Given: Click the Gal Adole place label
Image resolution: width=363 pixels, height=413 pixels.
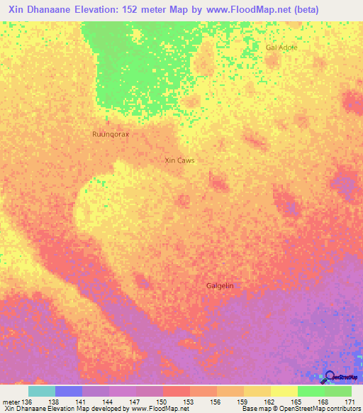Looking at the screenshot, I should pyautogui.click(x=281, y=47).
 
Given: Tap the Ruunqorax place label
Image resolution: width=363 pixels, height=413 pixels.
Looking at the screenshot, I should pyautogui.click(x=111, y=133).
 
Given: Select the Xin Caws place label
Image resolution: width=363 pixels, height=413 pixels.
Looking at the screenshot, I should pyautogui.click(x=179, y=160).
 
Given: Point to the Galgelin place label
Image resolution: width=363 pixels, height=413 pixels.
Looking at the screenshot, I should pyautogui.click(x=220, y=285).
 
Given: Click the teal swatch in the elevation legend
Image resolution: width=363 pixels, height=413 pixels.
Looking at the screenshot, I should pyautogui.click(x=42, y=391).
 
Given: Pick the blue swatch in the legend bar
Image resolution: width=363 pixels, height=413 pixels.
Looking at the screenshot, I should pyautogui.click(x=69, y=391).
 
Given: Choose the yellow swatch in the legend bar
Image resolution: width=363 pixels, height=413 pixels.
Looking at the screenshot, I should pyautogui.click(x=284, y=391).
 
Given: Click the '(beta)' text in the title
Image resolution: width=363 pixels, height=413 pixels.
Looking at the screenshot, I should pyautogui.click(x=299, y=9).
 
